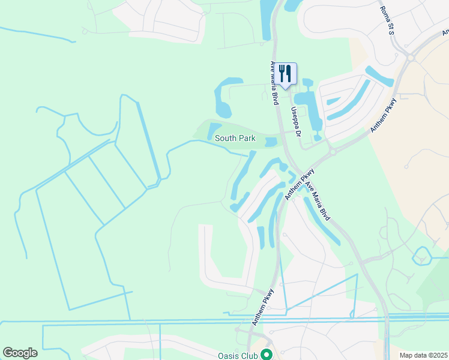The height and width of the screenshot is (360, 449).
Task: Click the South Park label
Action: point(235,139)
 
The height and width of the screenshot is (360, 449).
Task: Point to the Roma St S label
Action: point(387,20)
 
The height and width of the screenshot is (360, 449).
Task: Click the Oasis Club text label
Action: point(238,356)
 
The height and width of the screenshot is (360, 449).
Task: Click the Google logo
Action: point(20,353)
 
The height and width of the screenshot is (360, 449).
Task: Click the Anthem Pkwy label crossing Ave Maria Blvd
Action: point(300,184)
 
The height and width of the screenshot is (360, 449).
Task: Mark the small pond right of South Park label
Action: point(271,142)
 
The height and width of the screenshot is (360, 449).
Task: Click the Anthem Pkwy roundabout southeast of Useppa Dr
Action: point(332,152)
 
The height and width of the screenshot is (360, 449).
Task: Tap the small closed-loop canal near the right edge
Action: point(421,256)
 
